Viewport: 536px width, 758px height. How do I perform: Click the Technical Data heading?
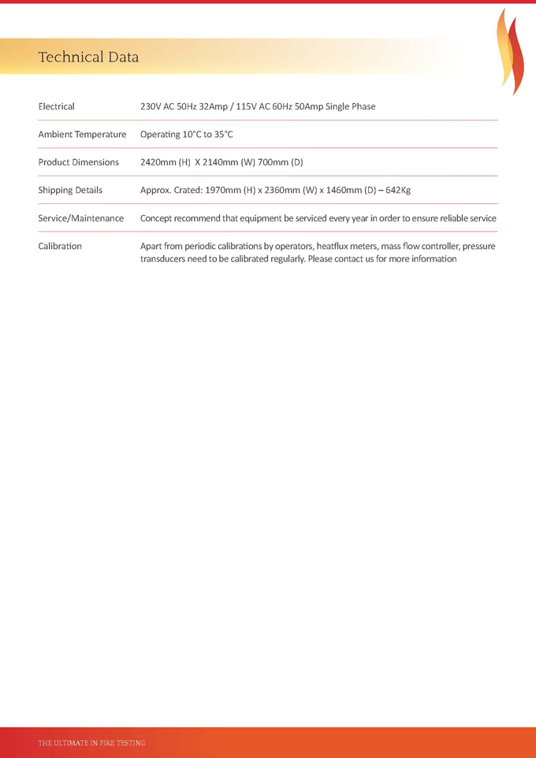point(88,58)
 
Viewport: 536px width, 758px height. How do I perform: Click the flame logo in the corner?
point(510,52)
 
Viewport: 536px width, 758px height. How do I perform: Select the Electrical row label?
point(57,106)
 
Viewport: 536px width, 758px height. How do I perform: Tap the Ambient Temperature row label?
point(82,135)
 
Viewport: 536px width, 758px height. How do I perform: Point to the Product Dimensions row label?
point(79,162)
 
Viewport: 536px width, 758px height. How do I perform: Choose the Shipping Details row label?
point(70,190)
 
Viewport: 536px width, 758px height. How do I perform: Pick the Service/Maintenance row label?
point(81,218)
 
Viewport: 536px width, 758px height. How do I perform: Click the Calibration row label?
point(60,246)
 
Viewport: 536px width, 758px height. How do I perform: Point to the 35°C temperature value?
point(220,135)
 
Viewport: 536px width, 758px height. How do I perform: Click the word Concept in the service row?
point(158,218)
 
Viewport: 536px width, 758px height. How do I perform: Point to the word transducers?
point(165,258)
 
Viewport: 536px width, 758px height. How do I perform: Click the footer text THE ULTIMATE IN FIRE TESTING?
point(92,743)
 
